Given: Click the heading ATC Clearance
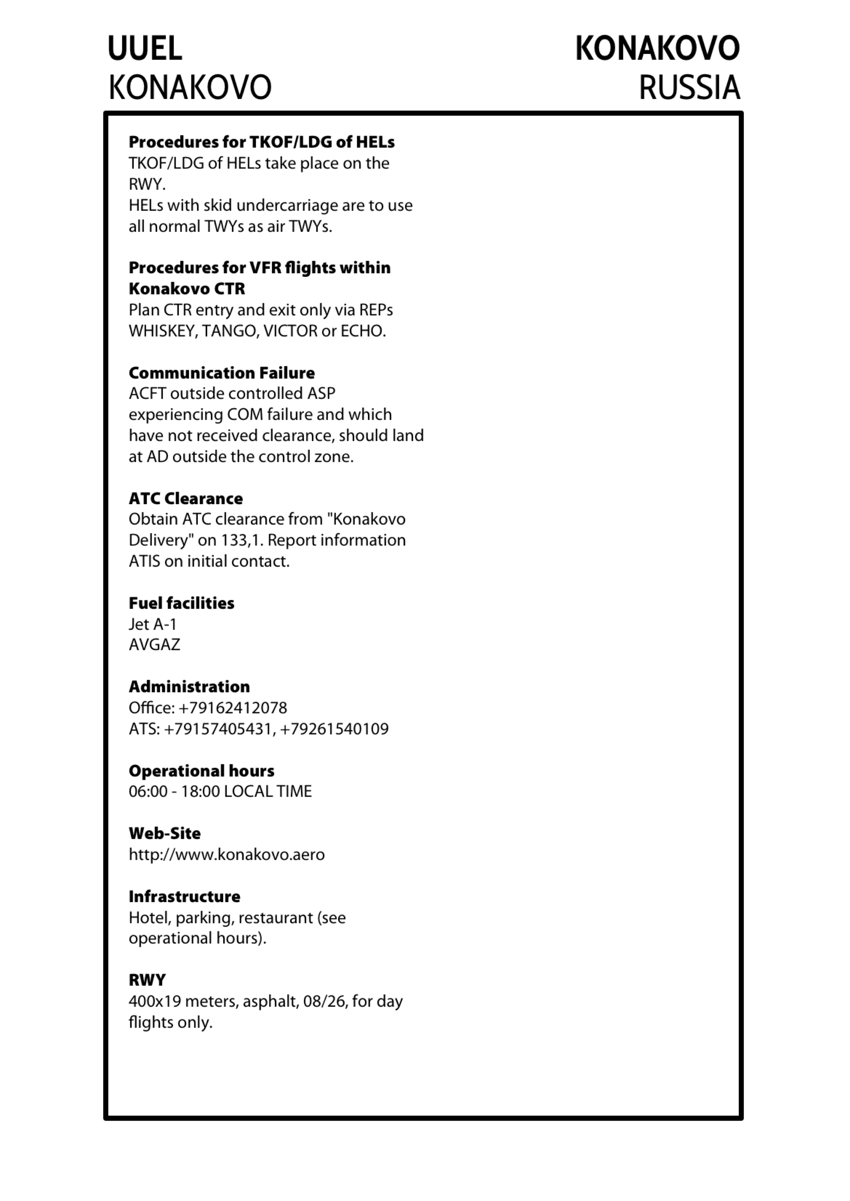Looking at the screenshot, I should (x=186, y=499).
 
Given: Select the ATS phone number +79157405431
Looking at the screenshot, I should (x=218, y=729).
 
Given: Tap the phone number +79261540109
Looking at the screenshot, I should (x=335, y=729).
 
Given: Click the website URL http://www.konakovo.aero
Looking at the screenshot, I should (x=227, y=855).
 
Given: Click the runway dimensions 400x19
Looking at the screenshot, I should (x=154, y=1001).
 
